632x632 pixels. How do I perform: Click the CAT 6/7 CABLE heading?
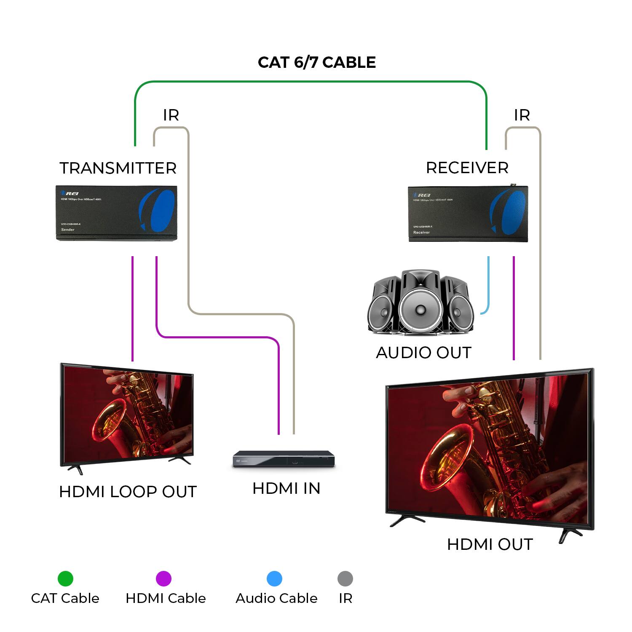pos(316,62)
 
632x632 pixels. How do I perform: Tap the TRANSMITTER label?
pos(118,168)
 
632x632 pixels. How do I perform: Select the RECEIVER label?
pos(467,168)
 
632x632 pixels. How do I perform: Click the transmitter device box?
pos(116,213)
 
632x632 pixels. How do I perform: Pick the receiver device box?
pos(468,214)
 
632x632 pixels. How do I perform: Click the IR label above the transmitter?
pos(171,115)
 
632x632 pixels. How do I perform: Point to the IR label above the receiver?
pos(522,115)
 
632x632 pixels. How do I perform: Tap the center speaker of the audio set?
pos(420,307)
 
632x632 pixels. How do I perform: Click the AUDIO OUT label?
pos(423,353)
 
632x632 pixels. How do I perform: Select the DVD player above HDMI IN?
pos(284,459)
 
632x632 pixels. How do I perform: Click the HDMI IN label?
pos(286,488)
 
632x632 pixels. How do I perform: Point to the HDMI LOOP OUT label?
pos(128,492)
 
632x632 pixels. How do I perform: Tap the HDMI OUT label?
pos(490,544)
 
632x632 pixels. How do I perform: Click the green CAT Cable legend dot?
pos(65,578)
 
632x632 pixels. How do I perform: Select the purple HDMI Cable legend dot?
pos(163,578)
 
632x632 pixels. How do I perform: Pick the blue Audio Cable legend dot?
pos(274,578)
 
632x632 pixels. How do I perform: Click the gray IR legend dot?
pos(345,578)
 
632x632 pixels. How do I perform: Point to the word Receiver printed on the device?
pos(421,233)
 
